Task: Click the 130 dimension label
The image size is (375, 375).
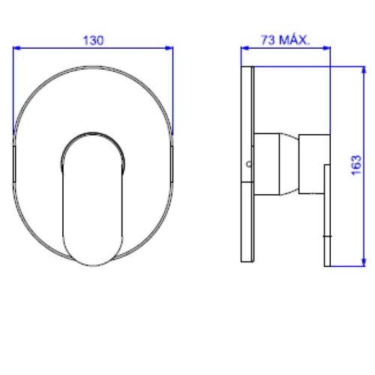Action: tap(93, 40)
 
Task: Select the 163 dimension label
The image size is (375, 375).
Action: tap(357, 165)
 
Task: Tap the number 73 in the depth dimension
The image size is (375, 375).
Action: tap(268, 40)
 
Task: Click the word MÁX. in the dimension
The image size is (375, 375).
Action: tap(295, 40)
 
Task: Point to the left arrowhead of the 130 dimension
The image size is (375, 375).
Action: tap(16, 48)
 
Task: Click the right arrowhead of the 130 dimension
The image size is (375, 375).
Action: tap(169, 48)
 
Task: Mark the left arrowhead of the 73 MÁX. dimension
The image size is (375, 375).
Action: tap(244, 48)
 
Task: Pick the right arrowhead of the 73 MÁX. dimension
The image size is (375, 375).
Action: tap(326, 48)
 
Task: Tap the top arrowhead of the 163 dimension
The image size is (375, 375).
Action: tap(364, 70)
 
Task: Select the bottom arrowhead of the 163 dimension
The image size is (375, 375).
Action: tap(364, 262)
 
